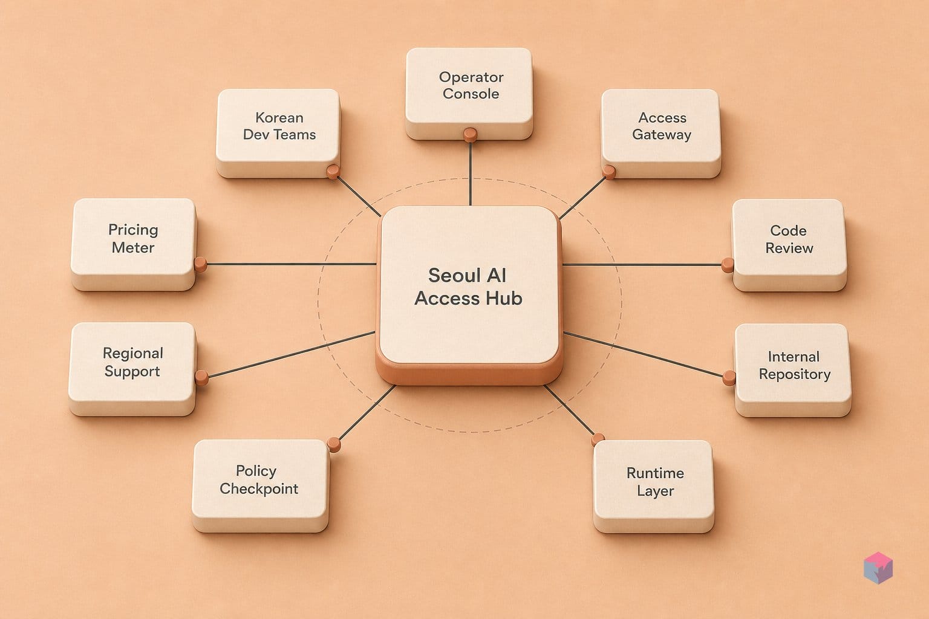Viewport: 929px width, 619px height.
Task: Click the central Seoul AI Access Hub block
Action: tap(469, 294)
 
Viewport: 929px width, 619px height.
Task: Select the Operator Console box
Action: tap(469, 93)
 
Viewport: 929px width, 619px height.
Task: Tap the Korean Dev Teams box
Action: tap(278, 133)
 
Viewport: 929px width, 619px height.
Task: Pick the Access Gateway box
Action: tap(661, 133)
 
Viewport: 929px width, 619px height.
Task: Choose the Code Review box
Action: tap(789, 245)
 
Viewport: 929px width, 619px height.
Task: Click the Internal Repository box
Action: tap(793, 370)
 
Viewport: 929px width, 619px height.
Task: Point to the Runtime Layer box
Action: tap(654, 486)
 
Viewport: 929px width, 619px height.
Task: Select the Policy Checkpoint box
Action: tap(261, 485)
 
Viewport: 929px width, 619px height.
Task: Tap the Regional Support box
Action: tap(132, 369)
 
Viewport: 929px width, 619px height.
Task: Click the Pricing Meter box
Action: tap(134, 244)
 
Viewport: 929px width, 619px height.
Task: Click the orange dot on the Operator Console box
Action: tap(471, 135)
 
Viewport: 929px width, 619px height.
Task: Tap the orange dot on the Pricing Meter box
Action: tap(201, 264)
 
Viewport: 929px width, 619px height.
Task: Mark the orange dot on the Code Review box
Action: tap(728, 265)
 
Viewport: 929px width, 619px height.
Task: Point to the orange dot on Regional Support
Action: tap(201, 377)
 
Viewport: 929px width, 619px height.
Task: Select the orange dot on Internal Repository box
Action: tap(729, 378)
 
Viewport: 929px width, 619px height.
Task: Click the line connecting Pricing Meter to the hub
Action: tap(292, 264)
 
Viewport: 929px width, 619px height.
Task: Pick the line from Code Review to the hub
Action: tap(642, 265)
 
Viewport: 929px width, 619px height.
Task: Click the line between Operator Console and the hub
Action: tap(471, 173)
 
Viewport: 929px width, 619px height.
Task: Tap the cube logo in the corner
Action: tap(878, 568)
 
